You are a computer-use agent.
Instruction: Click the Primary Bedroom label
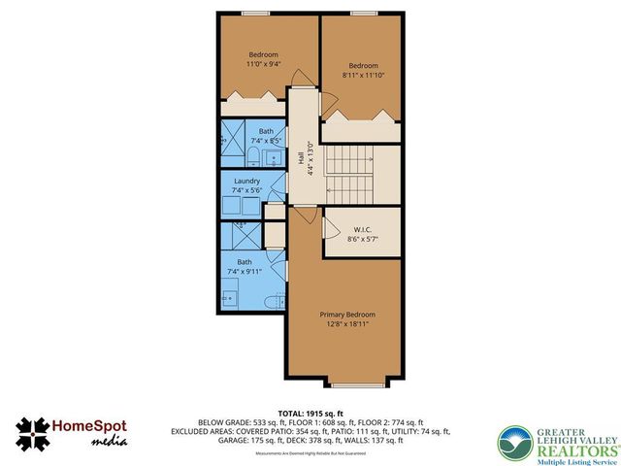tap(347, 315)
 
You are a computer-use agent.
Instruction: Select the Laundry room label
tap(251, 181)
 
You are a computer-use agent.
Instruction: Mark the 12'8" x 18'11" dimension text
tap(347, 325)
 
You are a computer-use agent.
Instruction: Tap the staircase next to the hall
tap(351, 175)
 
